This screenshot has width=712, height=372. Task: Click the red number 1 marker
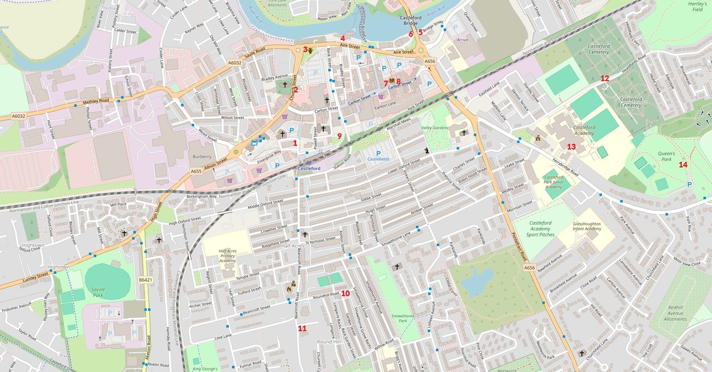pyautogui.click(x=295, y=143)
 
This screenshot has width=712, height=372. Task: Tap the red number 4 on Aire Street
pyautogui.click(x=343, y=38)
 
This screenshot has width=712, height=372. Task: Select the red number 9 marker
pyautogui.click(x=339, y=136)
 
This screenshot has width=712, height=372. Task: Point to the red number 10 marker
pyautogui.click(x=345, y=293)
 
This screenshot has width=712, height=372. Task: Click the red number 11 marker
pyautogui.click(x=302, y=329)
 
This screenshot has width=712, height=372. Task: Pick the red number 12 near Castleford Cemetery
pyautogui.click(x=605, y=79)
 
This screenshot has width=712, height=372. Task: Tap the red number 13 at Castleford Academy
pyautogui.click(x=571, y=147)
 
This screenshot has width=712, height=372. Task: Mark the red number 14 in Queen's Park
pyautogui.click(x=683, y=165)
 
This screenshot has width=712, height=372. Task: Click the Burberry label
pyautogui.click(x=202, y=156)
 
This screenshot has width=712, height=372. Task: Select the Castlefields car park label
pyautogui.click(x=378, y=159)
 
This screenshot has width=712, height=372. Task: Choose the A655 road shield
pyautogui.click(x=196, y=171)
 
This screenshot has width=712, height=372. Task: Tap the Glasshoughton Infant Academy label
pyautogui.click(x=587, y=226)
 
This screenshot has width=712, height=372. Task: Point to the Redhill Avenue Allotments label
pyautogui.click(x=675, y=313)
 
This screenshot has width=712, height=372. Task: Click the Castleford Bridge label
pyautogui.click(x=410, y=20)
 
